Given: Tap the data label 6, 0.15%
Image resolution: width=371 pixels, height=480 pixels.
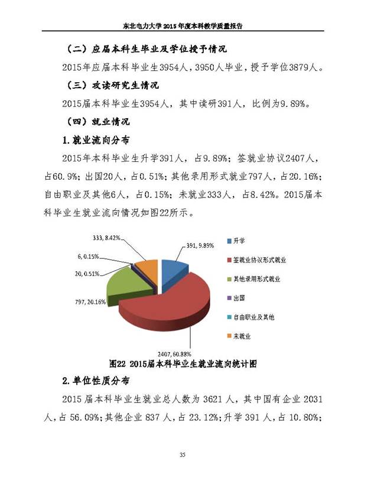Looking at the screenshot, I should point(88,257).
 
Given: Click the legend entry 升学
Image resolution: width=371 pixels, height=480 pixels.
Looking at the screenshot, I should point(239,241).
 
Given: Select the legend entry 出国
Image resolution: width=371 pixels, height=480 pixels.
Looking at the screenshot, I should point(240,298).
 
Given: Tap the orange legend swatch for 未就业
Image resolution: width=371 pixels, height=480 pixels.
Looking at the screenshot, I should point(229,336).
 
